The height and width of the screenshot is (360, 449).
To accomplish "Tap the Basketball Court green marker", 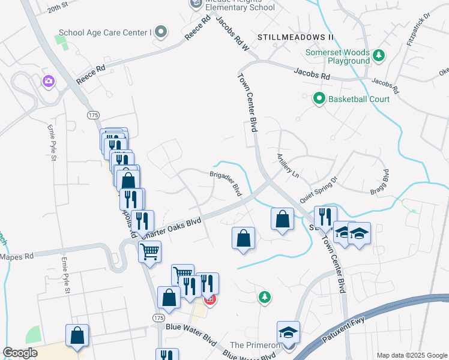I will tap(319, 98).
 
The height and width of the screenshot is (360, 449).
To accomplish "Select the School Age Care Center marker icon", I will tap(160, 32).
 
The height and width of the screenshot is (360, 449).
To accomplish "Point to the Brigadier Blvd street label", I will tap(226, 182).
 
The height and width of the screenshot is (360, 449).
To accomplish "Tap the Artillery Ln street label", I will tap(288, 164).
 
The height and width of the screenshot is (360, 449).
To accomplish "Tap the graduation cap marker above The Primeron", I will tap(288, 332).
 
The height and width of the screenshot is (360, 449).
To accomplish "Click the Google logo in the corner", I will tap(20, 353).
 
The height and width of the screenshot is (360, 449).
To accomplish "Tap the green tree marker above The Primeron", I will tap(263, 296).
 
